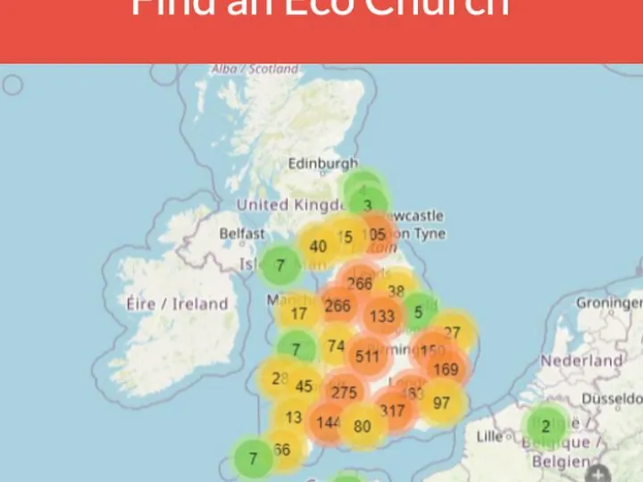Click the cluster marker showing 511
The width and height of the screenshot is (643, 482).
tap(367, 356)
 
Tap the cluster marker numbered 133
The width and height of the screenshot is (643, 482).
tap(382, 316)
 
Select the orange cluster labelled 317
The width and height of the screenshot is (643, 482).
tap(392, 411)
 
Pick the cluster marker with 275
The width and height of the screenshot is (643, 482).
tap(344, 393)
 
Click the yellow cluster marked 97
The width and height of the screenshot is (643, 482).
tap(441, 403)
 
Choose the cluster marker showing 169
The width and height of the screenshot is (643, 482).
tap(445, 369)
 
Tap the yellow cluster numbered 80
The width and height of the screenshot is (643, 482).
tap(362, 427)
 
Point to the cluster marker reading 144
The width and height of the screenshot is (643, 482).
tap(329, 421)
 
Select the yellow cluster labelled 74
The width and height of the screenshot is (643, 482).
tap(336, 346)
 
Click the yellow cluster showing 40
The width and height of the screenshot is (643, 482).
tap(318, 246)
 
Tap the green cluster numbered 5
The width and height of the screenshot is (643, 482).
tap(418, 312)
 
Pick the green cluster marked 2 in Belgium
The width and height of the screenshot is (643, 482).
tap(546, 426)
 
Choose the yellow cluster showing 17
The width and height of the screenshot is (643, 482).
tap(298, 313)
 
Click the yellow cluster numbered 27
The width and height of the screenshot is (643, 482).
tap(453, 333)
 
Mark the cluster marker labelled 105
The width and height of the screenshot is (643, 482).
tap(377, 235)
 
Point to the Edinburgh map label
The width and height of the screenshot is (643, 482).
tap(322, 164)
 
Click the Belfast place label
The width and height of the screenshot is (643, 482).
tap(242, 234)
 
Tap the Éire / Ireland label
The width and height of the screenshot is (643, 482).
tap(178, 303)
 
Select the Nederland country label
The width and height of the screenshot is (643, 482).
tap(581, 361)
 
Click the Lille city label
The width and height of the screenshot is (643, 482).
tap(490, 436)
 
